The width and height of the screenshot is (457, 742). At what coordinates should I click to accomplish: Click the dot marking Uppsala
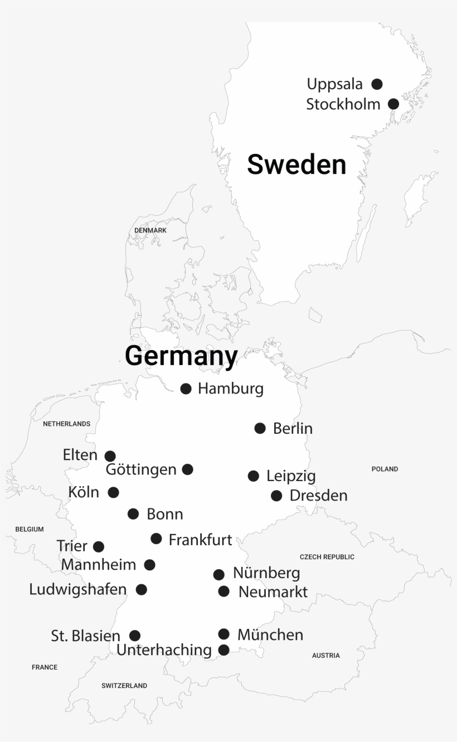point(377,84)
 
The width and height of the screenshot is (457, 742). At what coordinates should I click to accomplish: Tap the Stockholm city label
point(343,104)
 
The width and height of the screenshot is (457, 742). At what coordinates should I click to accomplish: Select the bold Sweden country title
point(296,165)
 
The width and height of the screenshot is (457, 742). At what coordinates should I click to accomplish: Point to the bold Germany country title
point(181,356)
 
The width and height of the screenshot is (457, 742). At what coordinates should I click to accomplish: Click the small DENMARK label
point(150,230)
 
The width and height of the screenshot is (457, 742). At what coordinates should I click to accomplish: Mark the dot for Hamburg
point(186,389)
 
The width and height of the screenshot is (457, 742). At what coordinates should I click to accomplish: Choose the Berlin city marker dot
point(260,428)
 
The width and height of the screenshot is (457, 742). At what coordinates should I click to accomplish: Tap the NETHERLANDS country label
point(66,424)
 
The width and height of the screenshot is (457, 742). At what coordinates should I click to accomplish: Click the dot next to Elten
point(110,456)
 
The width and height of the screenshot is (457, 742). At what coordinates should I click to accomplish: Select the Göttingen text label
point(141,469)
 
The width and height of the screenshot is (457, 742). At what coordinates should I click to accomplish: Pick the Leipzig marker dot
point(253,476)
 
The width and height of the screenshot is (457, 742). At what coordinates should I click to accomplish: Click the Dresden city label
point(318,496)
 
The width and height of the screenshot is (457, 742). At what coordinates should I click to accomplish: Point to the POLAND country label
point(385,469)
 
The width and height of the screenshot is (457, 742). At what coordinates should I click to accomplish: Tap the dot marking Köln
point(113,492)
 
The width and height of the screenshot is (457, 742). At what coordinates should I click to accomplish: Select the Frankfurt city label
point(200,540)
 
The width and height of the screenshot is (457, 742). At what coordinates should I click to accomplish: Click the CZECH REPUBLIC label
point(327,557)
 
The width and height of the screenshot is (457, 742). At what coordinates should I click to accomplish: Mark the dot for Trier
point(99,546)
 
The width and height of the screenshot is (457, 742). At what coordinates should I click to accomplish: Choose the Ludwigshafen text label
point(77,589)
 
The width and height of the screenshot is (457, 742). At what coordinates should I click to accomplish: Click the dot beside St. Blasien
point(135,636)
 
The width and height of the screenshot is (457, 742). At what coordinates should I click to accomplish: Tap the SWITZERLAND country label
point(124,686)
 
